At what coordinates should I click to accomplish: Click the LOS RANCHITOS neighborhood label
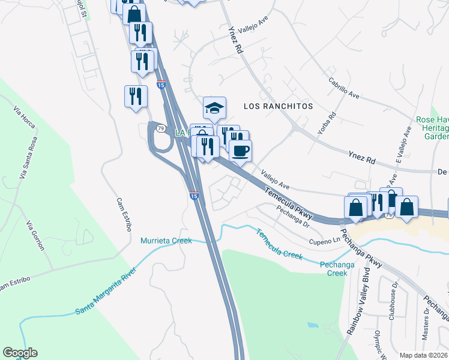[279, 106]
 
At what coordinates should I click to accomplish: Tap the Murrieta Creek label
[166, 241]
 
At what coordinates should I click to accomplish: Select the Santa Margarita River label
[106, 292]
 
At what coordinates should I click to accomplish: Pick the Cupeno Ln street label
[325, 241]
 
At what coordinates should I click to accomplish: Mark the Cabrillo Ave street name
[343, 88]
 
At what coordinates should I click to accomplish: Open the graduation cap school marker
[214, 108]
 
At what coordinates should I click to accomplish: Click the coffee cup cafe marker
[240, 150]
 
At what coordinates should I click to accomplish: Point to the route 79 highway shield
[161, 128]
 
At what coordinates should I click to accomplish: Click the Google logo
[20, 353]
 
